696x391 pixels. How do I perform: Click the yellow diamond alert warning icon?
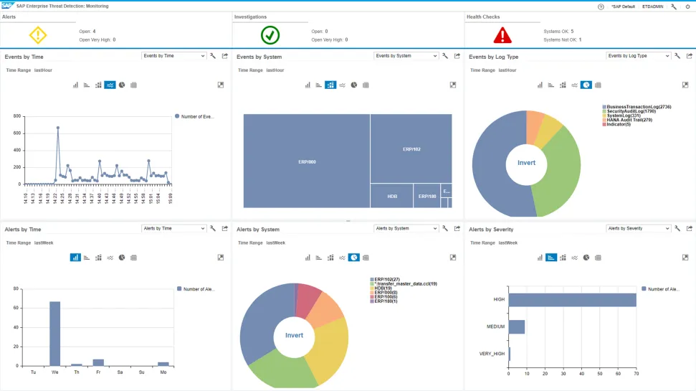coord(38,34)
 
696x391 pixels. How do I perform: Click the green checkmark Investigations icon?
coord(270,34)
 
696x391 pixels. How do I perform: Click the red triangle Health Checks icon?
coord(502,34)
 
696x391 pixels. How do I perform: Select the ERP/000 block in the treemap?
coord(306,161)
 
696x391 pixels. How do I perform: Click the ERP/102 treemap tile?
coord(411,149)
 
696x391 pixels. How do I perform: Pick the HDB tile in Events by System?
coord(391,196)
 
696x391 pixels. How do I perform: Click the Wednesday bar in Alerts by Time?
coord(54,334)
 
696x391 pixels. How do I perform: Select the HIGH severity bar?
coord(572,300)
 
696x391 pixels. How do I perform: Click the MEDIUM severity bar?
coord(516,327)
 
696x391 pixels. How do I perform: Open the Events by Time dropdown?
coord(173,56)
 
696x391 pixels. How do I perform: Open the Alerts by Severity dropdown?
coord(638,229)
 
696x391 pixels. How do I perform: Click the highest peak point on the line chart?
coord(57,128)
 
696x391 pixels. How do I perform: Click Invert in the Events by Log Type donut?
coord(526,163)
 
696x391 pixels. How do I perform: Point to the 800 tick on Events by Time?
coord(16,116)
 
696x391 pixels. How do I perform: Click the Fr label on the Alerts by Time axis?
coord(97,372)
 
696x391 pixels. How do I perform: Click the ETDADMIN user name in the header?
coord(653,6)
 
